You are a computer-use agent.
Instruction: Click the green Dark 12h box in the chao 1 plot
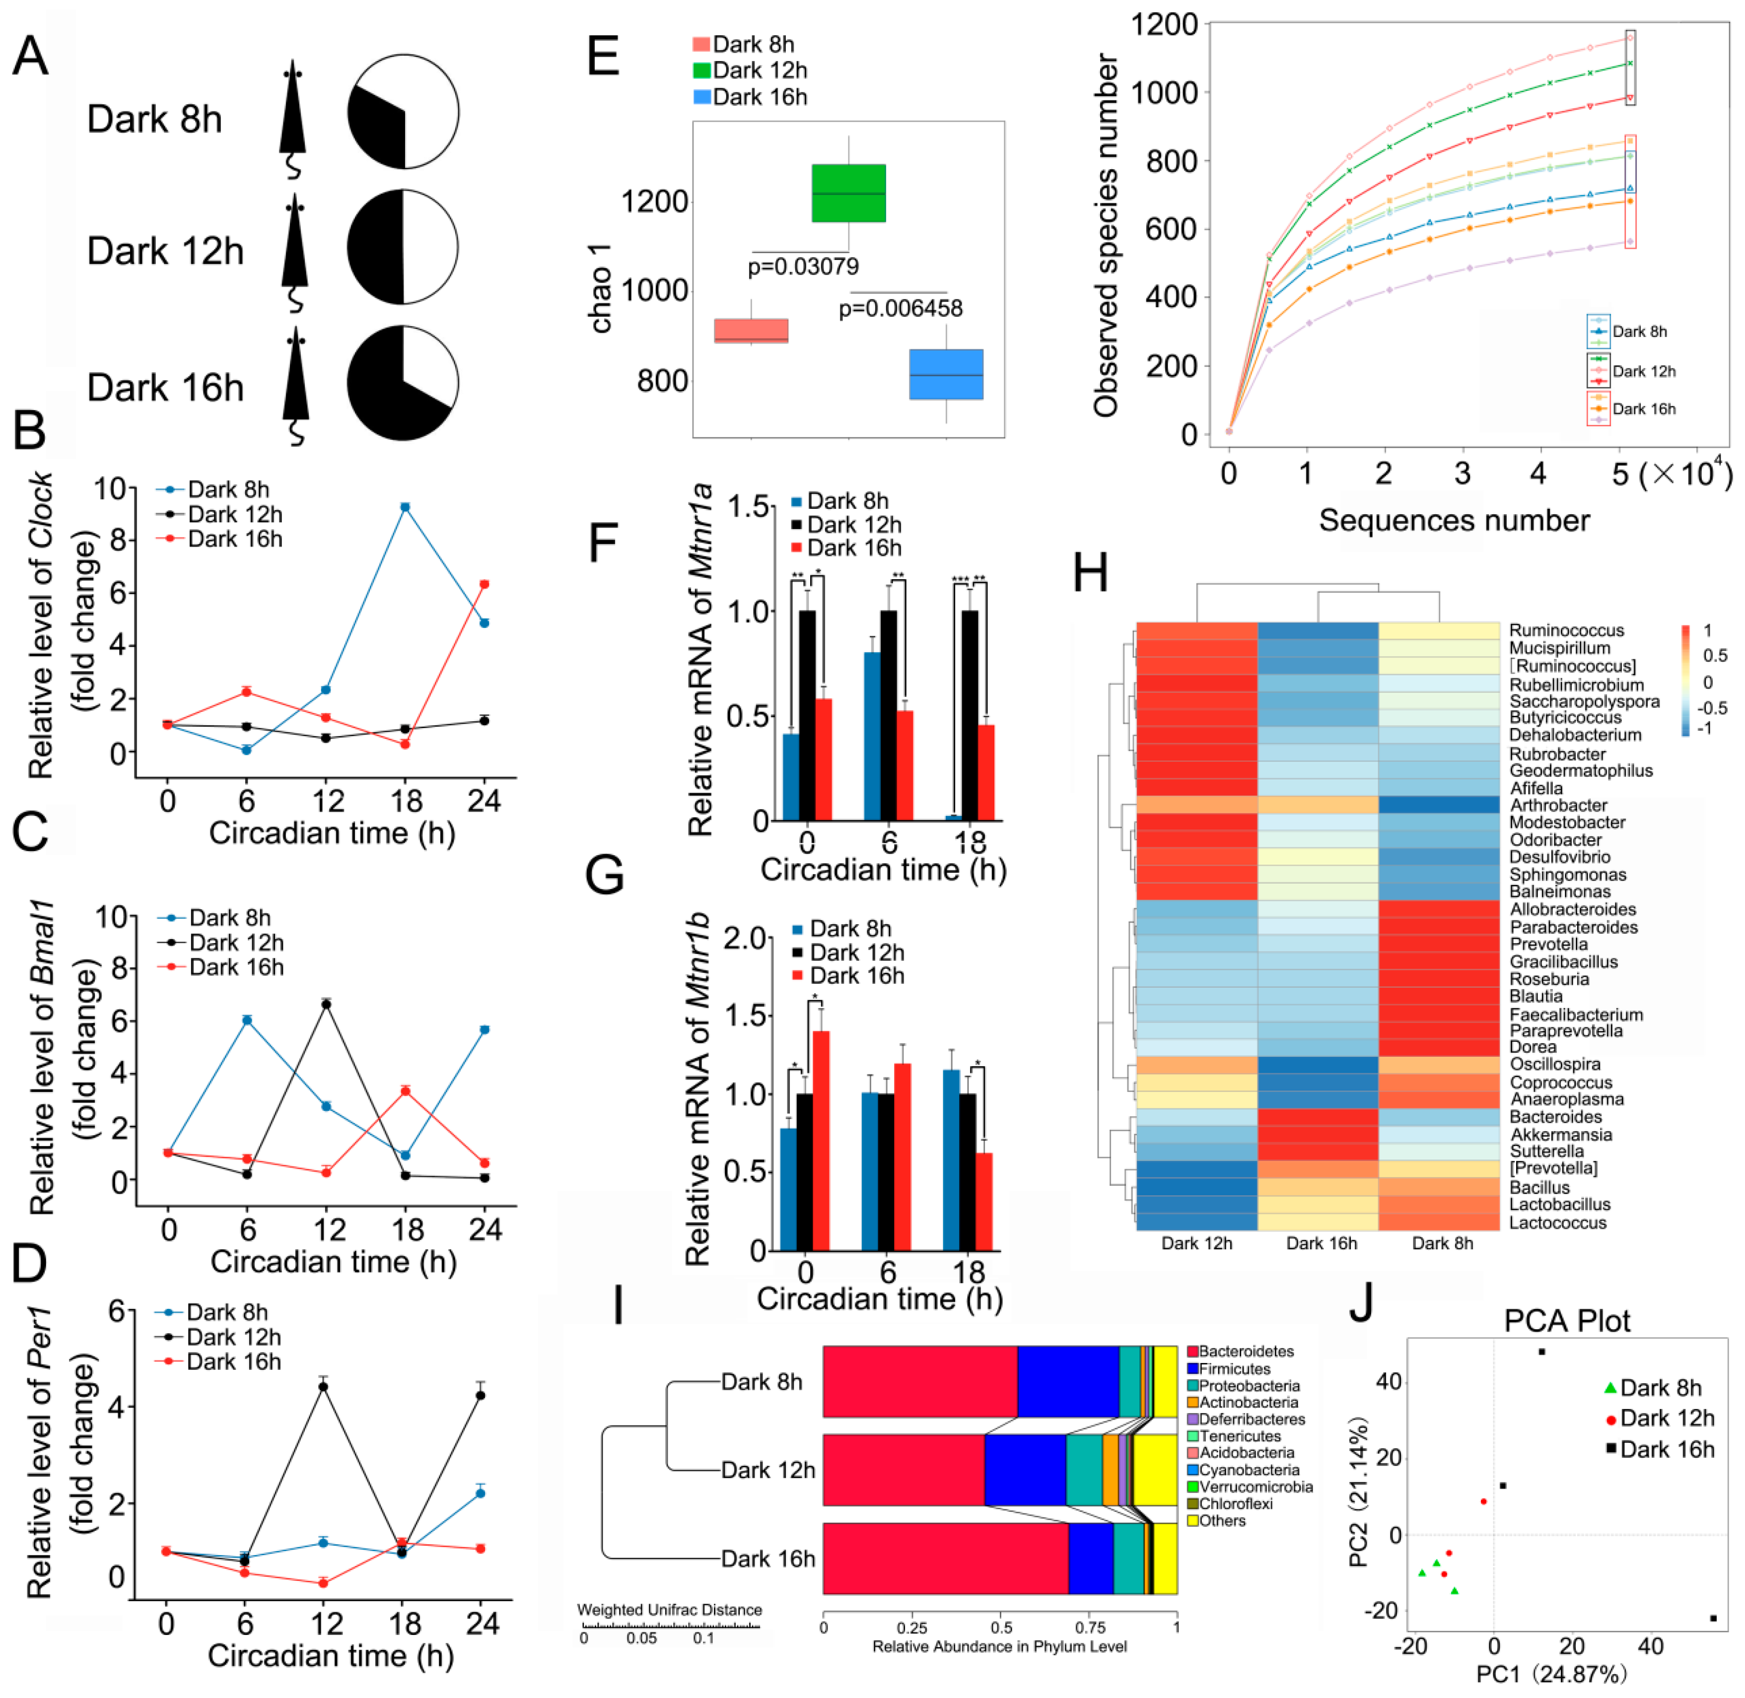coord(848,193)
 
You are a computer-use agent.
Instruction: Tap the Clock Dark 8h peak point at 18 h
coord(405,507)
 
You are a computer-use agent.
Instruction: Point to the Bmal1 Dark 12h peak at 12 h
coord(327,1004)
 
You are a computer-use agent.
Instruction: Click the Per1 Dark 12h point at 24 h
coord(481,1395)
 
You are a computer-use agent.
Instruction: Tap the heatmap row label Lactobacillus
coord(1559,1204)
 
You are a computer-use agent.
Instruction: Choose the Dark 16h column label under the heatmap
coord(1321,1243)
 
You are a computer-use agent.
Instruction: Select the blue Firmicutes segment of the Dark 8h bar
coord(1068,1381)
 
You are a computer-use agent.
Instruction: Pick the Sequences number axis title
coord(1454,520)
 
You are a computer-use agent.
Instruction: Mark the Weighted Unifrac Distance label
coord(669,1610)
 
